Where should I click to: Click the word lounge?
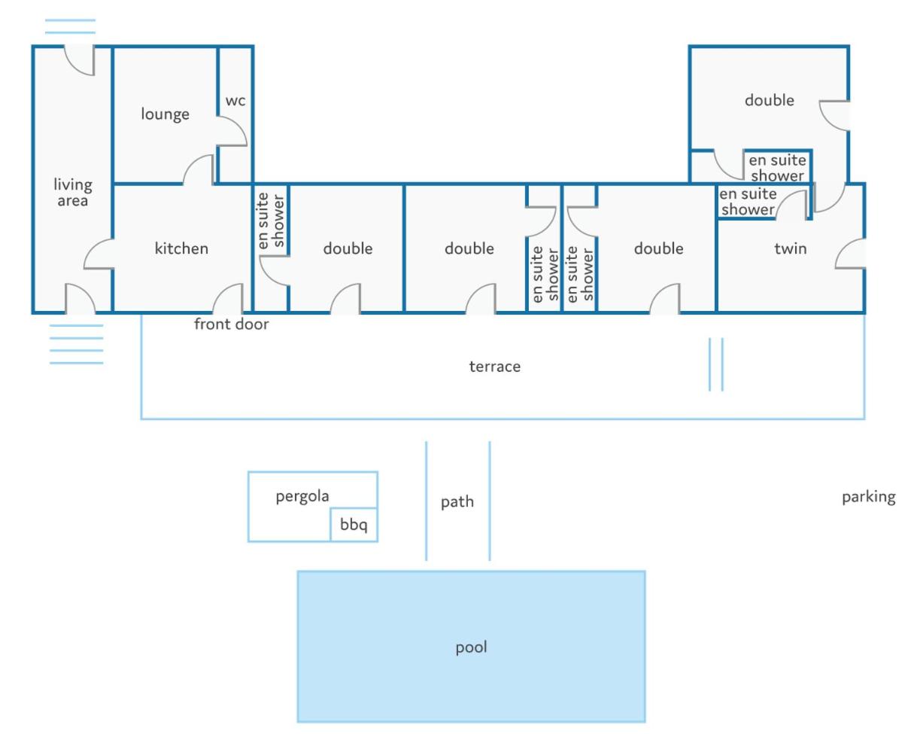click(165, 114)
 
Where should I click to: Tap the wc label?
click(235, 101)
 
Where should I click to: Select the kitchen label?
click(181, 248)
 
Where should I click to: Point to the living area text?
click(73, 193)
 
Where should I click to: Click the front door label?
click(232, 324)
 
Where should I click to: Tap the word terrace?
click(495, 367)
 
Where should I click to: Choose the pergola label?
click(302, 496)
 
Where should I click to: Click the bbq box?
click(354, 525)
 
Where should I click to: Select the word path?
click(457, 502)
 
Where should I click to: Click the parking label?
click(869, 498)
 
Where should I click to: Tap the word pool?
click(472, 647)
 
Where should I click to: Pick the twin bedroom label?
click(791, 248)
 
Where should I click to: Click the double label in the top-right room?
click(770, 100)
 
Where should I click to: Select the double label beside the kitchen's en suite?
click(348, 248)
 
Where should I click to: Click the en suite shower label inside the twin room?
click(748, 202)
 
